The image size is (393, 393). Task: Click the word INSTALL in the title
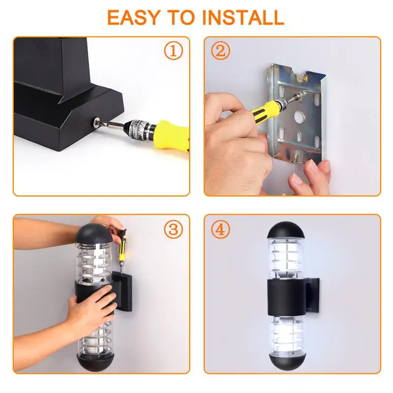point(243,17)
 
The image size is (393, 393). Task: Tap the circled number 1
point(173,51)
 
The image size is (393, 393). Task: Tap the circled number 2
point(220,51)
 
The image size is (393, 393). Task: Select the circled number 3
point(173,229)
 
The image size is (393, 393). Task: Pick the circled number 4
point(220,229)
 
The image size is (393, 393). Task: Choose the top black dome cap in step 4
point(286,230)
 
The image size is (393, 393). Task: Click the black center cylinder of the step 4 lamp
point(286,297)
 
